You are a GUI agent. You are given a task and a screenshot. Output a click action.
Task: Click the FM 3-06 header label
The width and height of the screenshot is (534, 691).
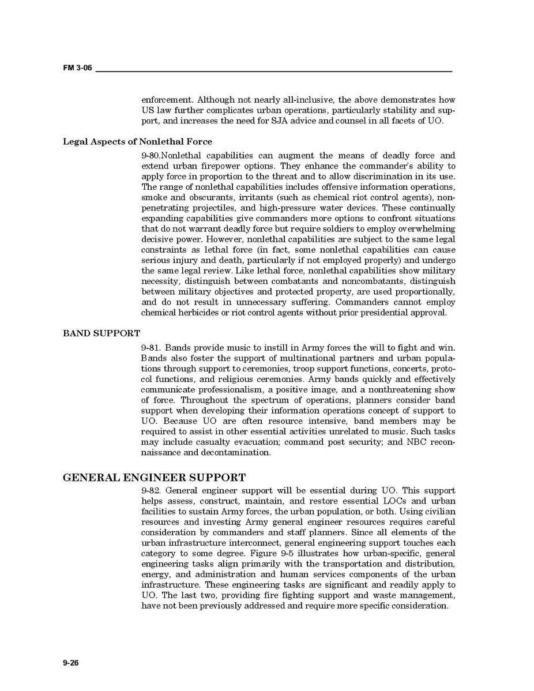click(x=77, y=69)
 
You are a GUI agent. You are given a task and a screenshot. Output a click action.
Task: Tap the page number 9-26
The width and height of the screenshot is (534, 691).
click(x=71, y=663)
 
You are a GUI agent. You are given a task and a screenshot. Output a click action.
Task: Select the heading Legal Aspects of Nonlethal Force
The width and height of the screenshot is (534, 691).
click(x=137, y=141)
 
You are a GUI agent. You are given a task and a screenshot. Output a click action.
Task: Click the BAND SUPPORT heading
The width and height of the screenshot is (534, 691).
click(x=101, y=333)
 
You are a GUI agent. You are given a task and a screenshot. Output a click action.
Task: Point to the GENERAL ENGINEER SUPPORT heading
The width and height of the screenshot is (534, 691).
click(x=154, y=478)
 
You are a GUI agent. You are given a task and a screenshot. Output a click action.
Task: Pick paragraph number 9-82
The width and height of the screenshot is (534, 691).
click(x=151, y=490)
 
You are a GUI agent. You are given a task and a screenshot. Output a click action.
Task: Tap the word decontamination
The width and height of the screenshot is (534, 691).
click(x=235, y=452)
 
